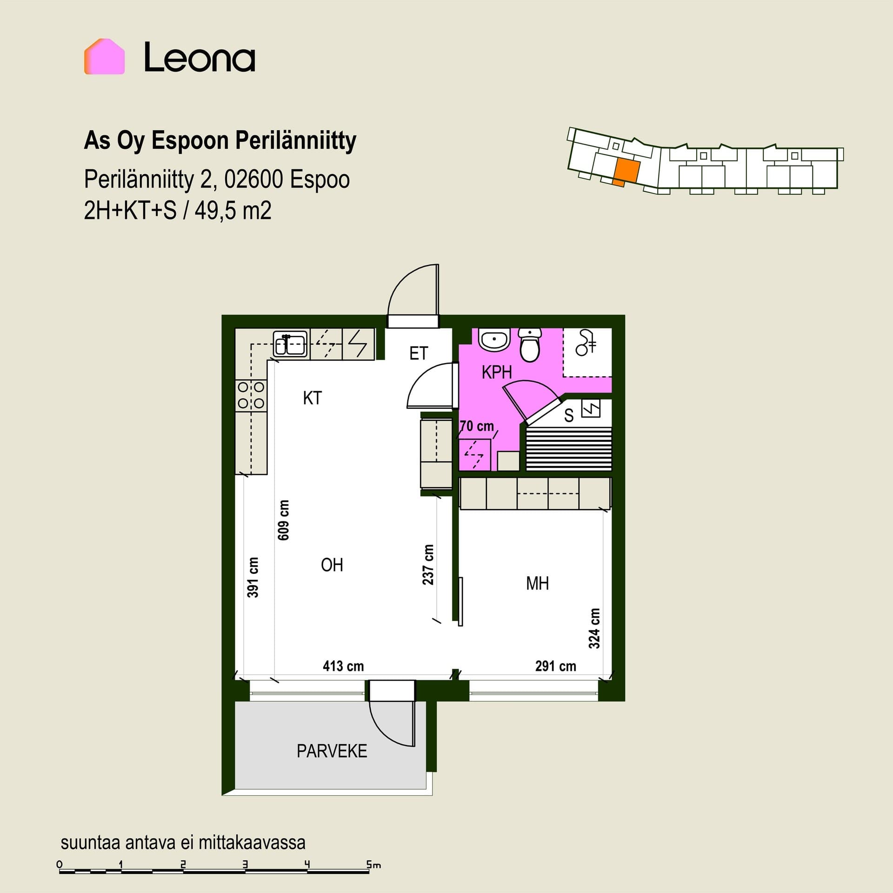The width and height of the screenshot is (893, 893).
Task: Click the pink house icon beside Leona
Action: (104, 56)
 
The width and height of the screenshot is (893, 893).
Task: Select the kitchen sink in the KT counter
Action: (289, 344)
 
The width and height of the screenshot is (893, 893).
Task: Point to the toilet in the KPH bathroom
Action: (529, 345)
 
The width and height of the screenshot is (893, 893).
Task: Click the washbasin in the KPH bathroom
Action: (494, 340)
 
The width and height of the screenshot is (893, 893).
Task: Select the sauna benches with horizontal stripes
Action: (568, 448)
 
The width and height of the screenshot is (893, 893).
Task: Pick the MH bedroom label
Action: (537, 583)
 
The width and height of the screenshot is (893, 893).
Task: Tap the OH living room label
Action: (332, 565)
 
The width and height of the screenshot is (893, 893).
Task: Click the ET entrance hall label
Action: (418, 353)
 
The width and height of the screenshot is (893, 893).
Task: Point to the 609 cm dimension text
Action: (283, 520)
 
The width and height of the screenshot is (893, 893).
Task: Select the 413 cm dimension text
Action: (343, 666)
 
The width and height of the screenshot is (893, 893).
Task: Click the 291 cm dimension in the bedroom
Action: (555, 666)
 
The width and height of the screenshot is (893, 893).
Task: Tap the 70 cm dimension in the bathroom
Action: (477, 426)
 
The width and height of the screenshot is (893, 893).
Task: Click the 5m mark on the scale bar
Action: (373, 865)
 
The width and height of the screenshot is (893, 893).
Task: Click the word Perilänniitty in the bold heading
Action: (295, 140)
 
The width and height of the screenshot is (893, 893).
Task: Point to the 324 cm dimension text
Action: (594, 628)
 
